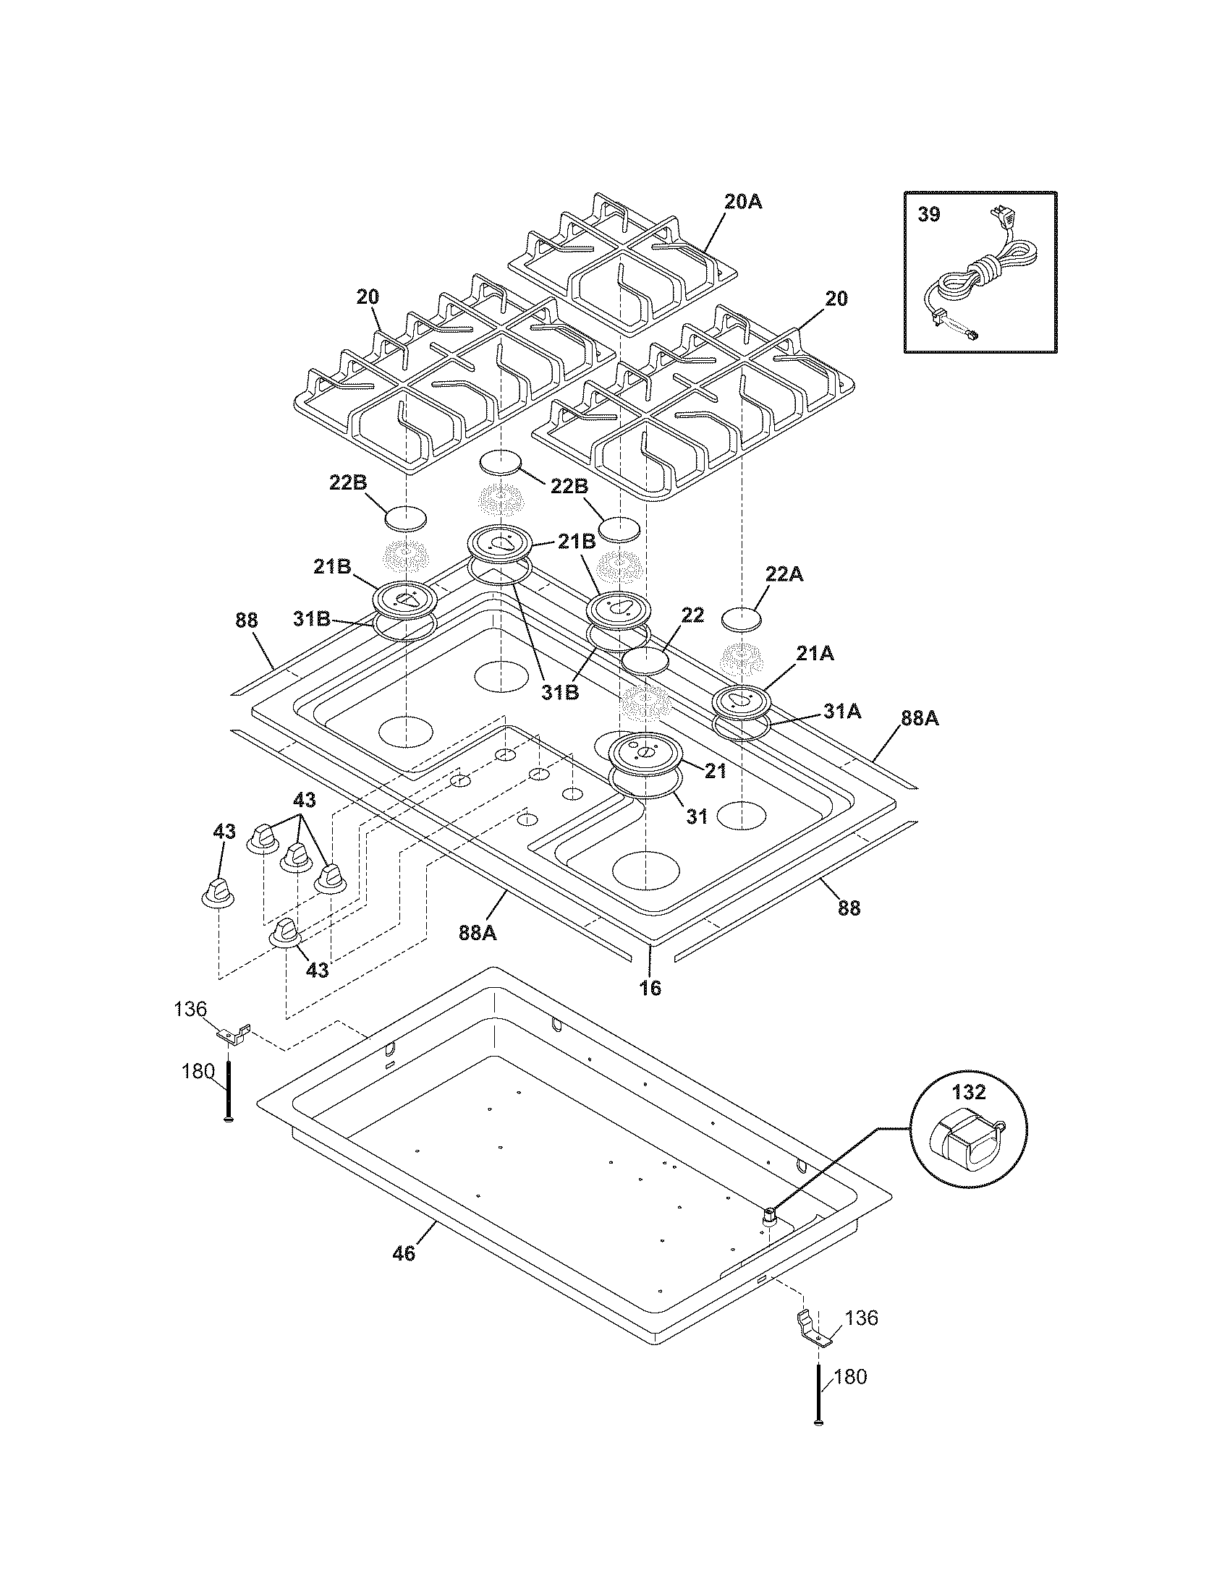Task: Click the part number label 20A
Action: [x=743, y=202]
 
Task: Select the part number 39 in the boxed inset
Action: [x=928, y=215]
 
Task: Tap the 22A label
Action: [x=784, y=574]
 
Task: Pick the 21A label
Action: [x=815, y=654]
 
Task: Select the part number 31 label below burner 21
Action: [x=697, y=816]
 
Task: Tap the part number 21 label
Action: [x=715, y=770]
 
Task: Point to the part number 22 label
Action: [x=692, y=615]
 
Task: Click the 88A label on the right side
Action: [x=920, y=719]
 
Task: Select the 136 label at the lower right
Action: [x=862, y=1338]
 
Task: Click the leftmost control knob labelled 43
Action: [x=218, y=893]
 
